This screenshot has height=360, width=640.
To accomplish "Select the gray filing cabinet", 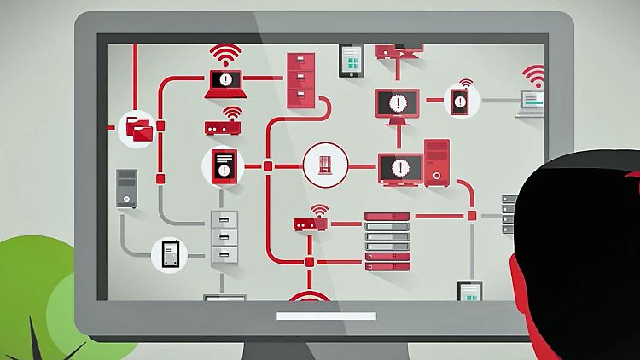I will pos(225,235).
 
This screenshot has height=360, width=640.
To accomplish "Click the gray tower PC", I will pos(126,189).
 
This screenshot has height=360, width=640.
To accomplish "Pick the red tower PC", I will pos(437,163).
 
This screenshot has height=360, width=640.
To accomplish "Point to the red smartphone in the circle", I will pos(462,102).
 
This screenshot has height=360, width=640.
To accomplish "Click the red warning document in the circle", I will pos(223,165).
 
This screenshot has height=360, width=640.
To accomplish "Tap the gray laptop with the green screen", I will pos(532,104).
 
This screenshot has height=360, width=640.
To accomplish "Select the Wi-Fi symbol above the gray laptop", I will pos(534,77).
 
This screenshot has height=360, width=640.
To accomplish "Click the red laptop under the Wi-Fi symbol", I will pos(224,83).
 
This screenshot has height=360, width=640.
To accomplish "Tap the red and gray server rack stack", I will pos(387,241).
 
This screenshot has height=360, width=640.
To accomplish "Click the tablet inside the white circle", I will pos(169,254).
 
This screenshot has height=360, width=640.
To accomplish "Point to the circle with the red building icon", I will pos(325,165).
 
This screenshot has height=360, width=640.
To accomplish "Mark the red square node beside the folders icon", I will pos(160,127).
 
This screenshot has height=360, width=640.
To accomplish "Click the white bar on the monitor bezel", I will pos(326,316).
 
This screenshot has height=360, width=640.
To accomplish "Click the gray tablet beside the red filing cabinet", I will pos(351,59).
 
